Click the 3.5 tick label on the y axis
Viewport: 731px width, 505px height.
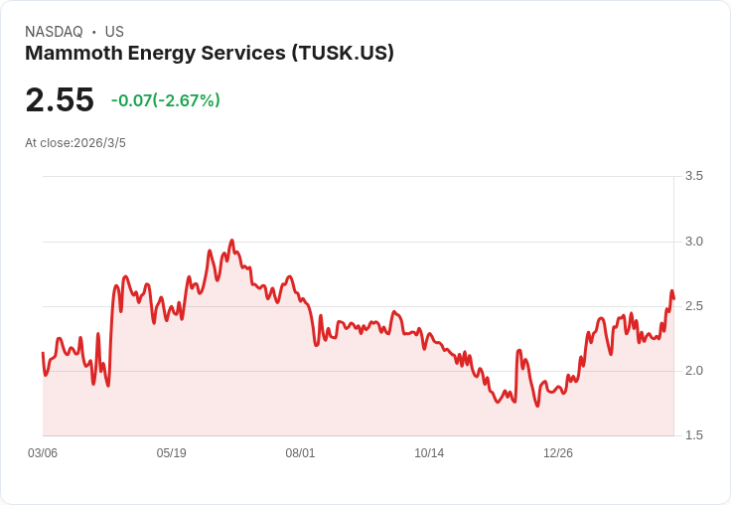(x=693, y=176)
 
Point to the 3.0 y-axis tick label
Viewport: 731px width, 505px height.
(x=693, y=242)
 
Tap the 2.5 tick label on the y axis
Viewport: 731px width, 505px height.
(x=693, y=306)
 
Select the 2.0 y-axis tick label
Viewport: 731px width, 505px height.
(x=693, y=371)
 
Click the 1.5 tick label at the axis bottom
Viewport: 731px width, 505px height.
(x=693, y=435)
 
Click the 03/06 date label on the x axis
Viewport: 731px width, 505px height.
(x=43, y=453)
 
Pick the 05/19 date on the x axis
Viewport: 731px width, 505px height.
(x=172, y=453)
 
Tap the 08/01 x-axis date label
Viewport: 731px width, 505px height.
(x=300, y=453)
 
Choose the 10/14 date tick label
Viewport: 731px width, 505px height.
(x=429, y=453)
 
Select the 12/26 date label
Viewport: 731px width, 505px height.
(x=558, y=453)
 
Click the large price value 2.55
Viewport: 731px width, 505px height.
(x=60, y=100)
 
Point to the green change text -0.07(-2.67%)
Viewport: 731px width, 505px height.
(x=166, y=100)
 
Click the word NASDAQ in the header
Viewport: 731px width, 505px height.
(x=54, y=32)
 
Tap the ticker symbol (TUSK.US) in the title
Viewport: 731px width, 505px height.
(x=343, y=54)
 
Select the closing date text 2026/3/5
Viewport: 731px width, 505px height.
(x=99, y=143)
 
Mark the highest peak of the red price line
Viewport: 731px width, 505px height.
(x=231, y=241)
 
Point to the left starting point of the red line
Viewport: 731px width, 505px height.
(x=43, y=353)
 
